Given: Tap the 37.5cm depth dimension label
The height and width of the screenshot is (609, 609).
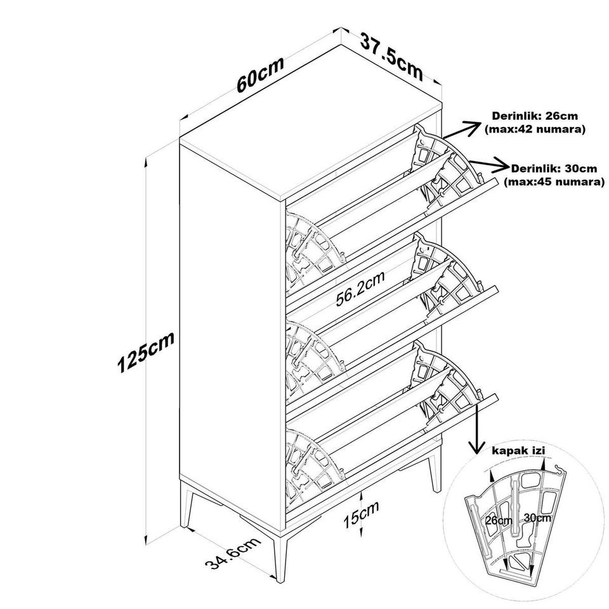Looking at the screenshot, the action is click(391, 56).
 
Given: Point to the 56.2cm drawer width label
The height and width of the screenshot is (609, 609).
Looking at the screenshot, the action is click(360, 289).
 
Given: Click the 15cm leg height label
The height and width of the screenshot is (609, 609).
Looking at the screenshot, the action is click(361, 514).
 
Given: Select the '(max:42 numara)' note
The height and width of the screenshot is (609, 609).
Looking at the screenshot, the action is click(535, 129).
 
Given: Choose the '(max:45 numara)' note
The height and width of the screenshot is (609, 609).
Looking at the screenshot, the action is click(554, 182).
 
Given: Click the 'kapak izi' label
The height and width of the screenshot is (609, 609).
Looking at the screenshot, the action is click(518, 451).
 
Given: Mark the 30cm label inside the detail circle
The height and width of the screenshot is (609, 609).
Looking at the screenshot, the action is click(537, 518).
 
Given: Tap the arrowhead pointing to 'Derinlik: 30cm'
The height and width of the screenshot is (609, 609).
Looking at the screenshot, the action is click(501, 166).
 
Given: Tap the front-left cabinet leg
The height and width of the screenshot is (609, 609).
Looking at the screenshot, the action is click(188, 506).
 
